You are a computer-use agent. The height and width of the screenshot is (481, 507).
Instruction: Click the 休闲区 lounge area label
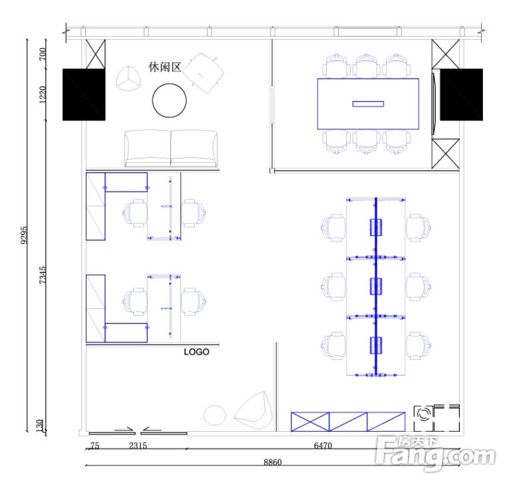pos(164,67)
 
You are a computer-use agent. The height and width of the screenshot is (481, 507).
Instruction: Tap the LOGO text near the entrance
pos(196,352)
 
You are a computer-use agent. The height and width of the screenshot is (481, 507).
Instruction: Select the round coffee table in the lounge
pos(170,100)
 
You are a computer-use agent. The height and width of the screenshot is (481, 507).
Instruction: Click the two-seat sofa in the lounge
pos(171,148)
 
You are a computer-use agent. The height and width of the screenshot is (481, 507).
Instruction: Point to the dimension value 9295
pos(24,235)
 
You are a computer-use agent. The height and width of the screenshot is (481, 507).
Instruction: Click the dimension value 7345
pos(43,275)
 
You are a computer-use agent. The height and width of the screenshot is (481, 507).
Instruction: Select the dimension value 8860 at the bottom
pos(273,462)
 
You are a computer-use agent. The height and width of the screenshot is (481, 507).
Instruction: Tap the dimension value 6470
pos(323,446)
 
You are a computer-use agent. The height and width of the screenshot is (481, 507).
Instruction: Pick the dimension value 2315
pos(138,446)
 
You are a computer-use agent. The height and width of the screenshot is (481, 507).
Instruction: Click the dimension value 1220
pos(43,94)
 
